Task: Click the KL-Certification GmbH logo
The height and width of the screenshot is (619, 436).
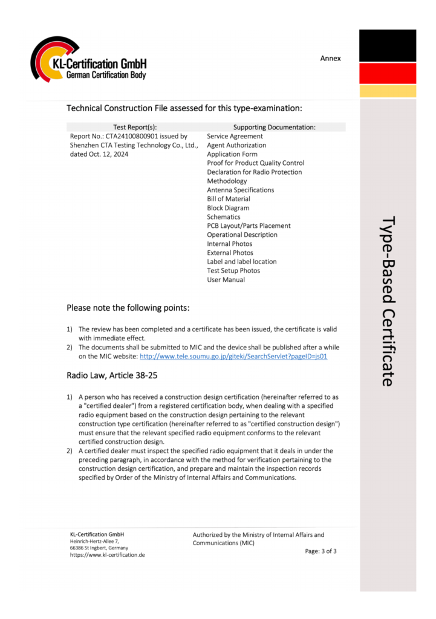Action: coord(88,61)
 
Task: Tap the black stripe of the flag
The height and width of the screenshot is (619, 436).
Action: coord(388,45)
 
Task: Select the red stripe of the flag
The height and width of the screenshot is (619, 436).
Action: coord(388,73)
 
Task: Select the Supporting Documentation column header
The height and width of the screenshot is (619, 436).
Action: coord(274,128)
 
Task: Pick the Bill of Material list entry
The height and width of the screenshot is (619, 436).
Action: coord(228,199)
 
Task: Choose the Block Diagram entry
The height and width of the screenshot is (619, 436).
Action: coord(228,208)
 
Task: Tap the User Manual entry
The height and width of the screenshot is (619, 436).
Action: coord(226,280)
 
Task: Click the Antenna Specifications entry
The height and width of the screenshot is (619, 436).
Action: coord(240,190)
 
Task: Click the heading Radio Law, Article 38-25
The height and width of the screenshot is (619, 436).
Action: coord(112,375)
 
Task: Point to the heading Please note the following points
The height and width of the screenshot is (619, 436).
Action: coord(128,308)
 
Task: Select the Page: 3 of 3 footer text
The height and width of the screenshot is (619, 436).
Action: coord(320,551)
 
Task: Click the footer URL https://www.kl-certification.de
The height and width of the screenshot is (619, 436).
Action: coord(107,555)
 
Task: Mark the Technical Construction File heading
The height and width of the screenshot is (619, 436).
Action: coord(184,108)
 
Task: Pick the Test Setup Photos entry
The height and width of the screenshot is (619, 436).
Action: coord(233,271)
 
